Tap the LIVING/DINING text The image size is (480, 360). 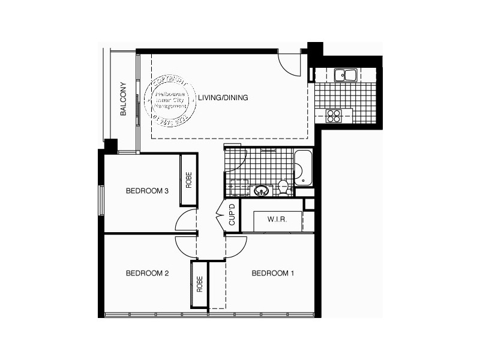click(223, 97)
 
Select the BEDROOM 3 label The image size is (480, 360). click(146, 191)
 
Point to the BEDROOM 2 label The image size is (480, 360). click(147, 274)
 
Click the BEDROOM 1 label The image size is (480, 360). click(273, 274)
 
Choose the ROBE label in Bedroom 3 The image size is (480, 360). click(189, 180)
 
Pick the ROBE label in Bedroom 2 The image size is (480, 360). click(199, 284)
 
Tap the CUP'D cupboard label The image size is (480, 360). click(232, 215)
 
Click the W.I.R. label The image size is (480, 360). click(277, 220)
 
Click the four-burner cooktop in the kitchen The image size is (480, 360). click(334, 116)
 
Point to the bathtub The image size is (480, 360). click(302, 169)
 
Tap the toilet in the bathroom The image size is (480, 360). click(283, 188)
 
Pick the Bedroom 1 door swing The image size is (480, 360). click(236, 246)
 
